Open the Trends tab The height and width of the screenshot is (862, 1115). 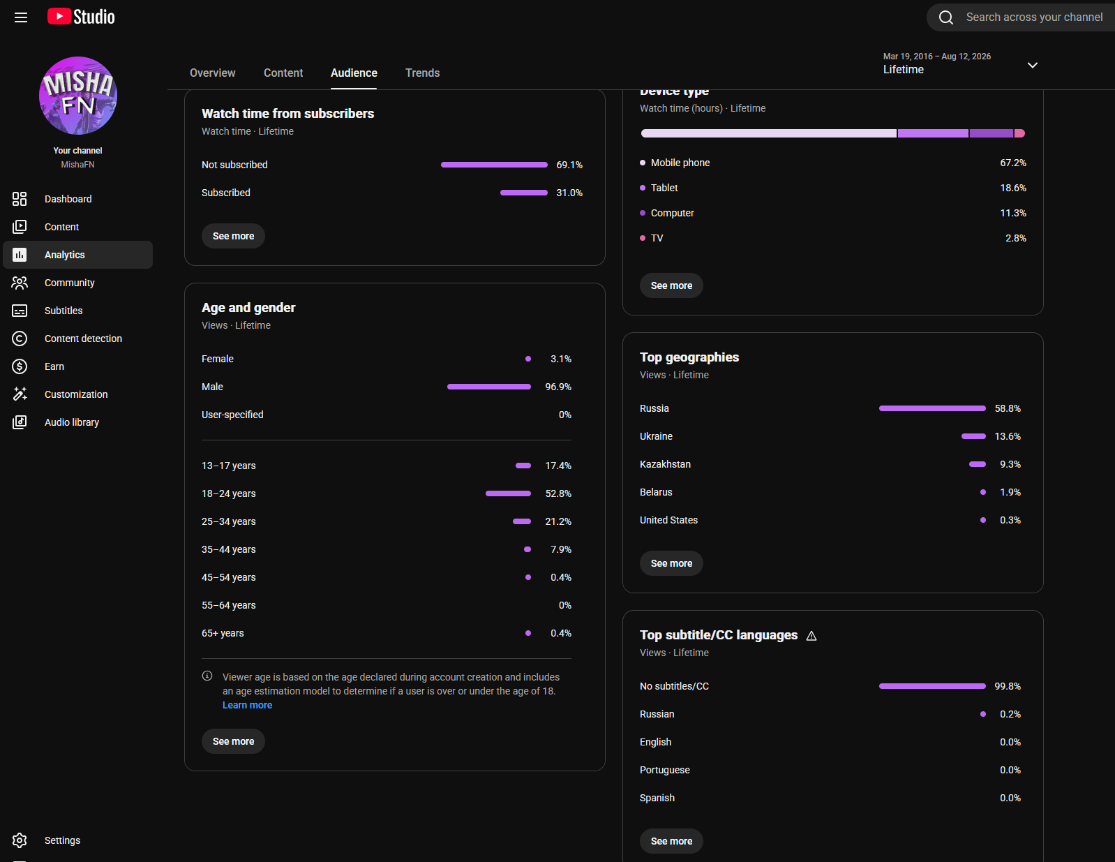coord(422,73)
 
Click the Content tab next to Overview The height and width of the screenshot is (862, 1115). coord(283,73)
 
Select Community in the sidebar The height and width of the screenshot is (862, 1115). coord(69,283)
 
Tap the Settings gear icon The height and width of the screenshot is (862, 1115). coord(20,840)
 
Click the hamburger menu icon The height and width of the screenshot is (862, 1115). coord(21,17)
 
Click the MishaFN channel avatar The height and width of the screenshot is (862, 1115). coord(78,96)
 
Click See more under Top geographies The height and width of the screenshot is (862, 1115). coord(671,563)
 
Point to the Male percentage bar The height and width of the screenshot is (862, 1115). coord(489,387)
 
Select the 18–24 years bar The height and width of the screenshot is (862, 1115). coord(508,493)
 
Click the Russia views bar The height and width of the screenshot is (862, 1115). coord(932,408)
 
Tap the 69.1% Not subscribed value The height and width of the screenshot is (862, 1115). coord(569,165)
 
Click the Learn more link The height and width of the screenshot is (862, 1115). coord(247,705)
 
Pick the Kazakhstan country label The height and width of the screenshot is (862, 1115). coord(665,464)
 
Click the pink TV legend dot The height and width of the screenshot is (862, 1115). coord(643,238)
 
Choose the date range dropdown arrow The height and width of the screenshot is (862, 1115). coord(1033,65)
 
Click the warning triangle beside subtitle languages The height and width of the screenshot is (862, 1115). coord(811,636)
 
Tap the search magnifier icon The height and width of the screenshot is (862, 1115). coord(945,17)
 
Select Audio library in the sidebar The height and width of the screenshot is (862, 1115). coord(72,422)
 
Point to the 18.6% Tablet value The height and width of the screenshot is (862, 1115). coord(1013,188)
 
